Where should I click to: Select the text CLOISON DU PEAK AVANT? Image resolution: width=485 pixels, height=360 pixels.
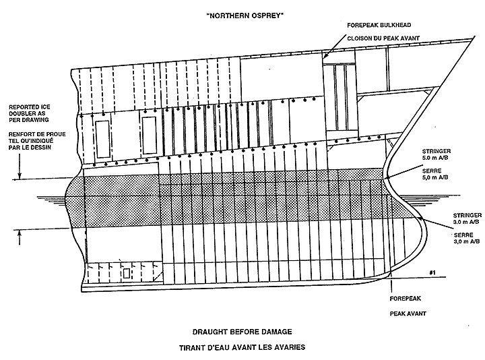(382, 38)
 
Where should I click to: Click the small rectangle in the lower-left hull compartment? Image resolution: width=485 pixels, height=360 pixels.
(127, 274)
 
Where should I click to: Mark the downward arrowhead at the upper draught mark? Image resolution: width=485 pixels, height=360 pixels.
(20, 177)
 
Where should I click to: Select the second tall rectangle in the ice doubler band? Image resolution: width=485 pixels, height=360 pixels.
(149, 133)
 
